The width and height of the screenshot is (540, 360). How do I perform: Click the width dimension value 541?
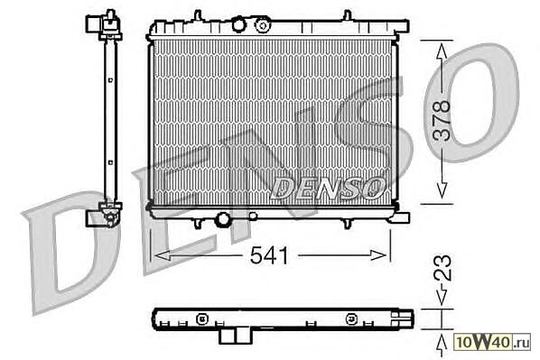pyautogui.click(x=269, y=255)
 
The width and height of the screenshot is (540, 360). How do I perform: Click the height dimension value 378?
pyautogui.click(x=442, y=121)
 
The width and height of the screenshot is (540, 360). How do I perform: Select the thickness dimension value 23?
pyautogui.click(x=442, y=267)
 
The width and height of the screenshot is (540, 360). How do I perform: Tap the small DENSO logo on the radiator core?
pyautogui.click(x=328, y=188)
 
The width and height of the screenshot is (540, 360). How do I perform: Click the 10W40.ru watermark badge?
pyautogui.click(x=493, y=342)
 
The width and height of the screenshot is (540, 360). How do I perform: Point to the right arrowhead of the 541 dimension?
pyautogui.click(x=378, y=255)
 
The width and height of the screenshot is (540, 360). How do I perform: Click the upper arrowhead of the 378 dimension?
pyautogui.click(x=442, y=51)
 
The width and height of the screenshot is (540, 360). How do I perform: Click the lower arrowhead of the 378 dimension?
pyautogui.click(x=442, y=190)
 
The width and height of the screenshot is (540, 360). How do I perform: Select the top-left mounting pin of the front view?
pyautogui.click(x=198, y=15)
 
